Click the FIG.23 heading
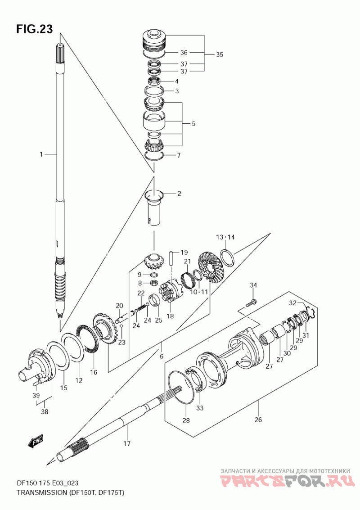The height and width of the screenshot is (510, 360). (35, 29)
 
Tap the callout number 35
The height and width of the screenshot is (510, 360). (220, 54)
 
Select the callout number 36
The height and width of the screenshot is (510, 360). (184, 52)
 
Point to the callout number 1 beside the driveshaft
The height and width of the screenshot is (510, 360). (41, 154)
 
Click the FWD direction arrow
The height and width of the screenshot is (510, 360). (35, 441)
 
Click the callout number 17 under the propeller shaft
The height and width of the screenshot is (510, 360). (127, 443)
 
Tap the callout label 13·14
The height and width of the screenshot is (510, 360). (225, 237)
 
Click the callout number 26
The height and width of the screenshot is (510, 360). (258, 420)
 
